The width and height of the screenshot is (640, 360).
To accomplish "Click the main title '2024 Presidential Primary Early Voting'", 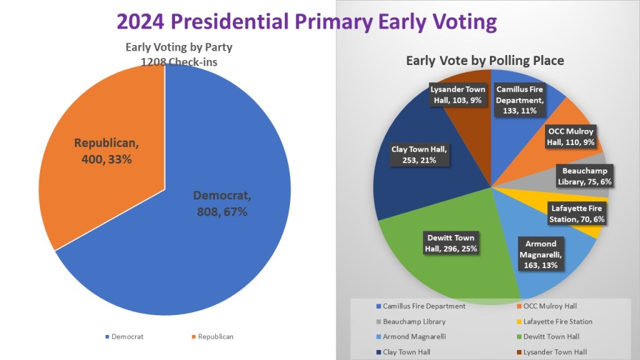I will coord(306,21).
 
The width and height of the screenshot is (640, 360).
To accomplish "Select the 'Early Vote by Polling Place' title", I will coord(485,61).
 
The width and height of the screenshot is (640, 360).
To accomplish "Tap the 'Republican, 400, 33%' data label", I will coord(107,151).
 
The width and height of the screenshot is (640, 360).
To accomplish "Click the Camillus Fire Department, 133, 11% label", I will coord(521,100).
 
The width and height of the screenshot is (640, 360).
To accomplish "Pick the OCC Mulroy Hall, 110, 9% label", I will coord(571,136).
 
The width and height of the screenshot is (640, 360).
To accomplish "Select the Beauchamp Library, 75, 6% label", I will coord(584,176).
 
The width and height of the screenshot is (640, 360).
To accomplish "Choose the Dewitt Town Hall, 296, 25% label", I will coord(451,243).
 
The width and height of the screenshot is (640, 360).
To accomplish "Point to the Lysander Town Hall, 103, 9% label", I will coord(458,94).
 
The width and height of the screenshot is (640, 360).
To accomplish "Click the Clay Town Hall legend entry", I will coord(406,352).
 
